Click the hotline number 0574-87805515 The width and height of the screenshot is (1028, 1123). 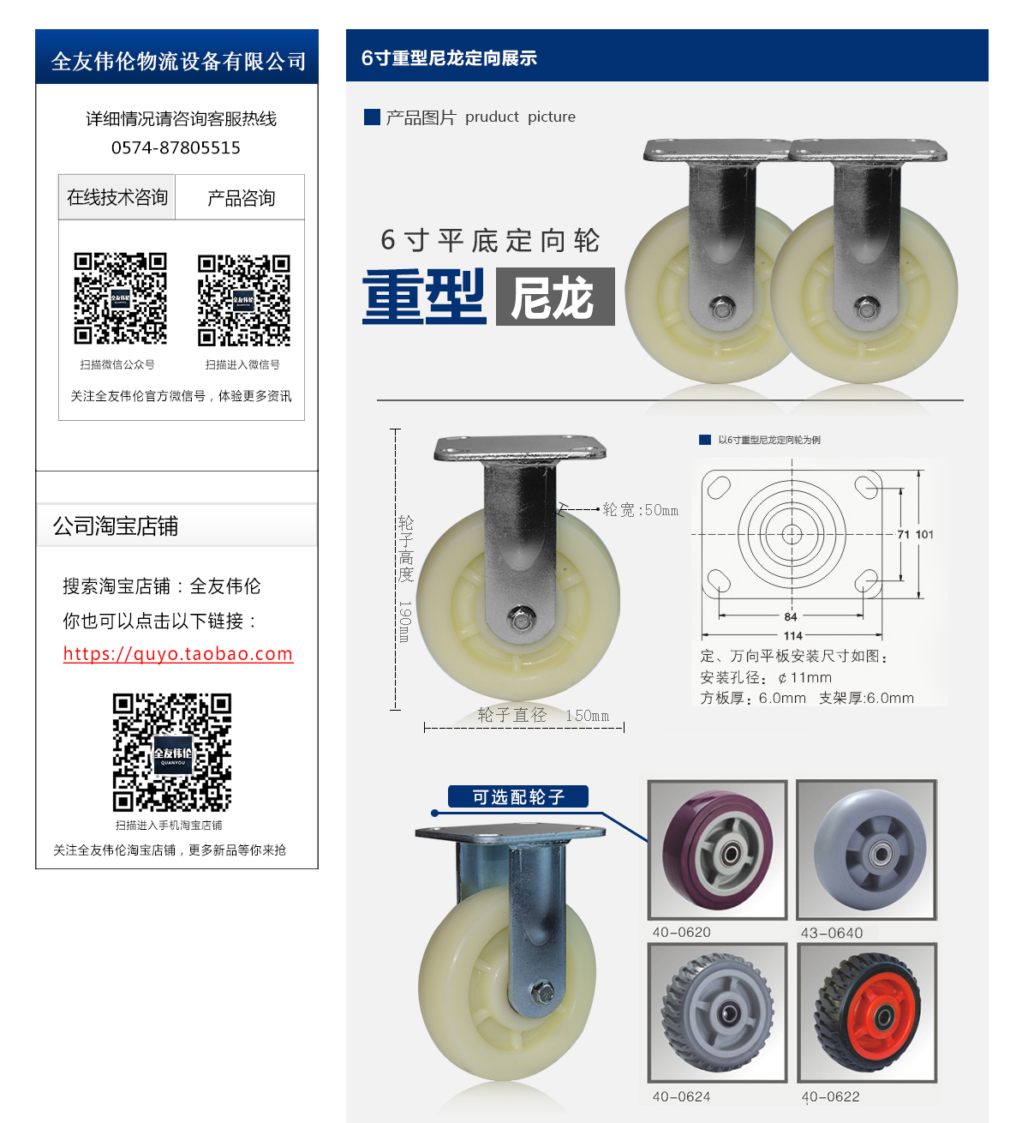176,147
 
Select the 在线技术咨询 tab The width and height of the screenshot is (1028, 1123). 117,198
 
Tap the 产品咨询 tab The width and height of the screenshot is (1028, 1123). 241,198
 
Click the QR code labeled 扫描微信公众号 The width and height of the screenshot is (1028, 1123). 120,298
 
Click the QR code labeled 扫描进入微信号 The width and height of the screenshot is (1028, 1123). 243,299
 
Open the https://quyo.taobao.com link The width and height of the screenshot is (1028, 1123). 178,654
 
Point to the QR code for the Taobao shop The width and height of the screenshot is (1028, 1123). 172,752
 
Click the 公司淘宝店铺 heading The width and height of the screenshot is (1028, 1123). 116,526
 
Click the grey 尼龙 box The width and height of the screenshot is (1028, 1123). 554,297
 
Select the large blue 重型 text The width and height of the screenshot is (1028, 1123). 424,297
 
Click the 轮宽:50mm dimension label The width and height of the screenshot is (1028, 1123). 640,510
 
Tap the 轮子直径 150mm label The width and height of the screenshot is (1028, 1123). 543,716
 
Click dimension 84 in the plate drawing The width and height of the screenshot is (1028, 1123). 791,616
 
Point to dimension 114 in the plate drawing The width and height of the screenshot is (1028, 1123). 792,636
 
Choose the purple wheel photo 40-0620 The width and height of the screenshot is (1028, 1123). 718,849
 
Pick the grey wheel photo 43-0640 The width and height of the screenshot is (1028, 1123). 867,849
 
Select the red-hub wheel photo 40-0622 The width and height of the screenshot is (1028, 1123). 867,1012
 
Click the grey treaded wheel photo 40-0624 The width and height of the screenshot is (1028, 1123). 718,1012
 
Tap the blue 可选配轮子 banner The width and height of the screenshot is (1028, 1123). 518,797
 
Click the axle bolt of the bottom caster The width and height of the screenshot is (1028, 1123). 541,992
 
